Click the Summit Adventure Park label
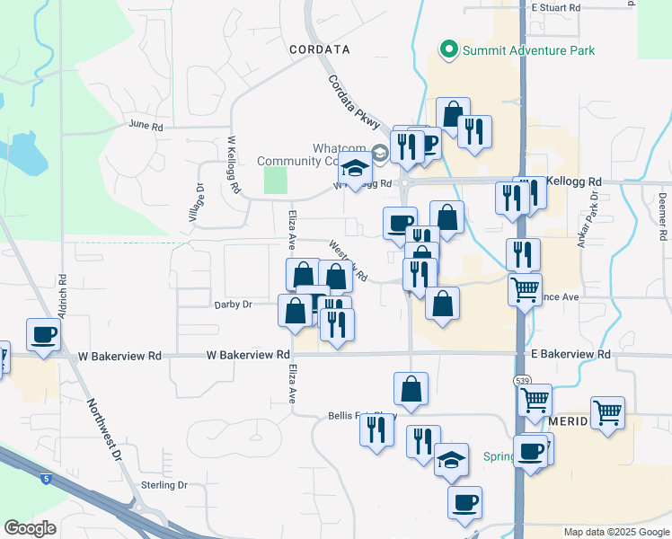click(x=528, y=50)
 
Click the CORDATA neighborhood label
click(x=319, y=49)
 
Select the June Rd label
click(x=146, y=126)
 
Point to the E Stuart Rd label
click(x=556, y=7)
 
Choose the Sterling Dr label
click(x=164, y=485)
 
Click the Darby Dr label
click(x=234, y=305)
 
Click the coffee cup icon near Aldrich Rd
click(x=43, y=334)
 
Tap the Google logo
click(x=30, y=528)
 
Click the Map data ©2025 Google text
click(x=615, y=532)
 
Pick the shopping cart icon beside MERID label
click(x=608, y=413)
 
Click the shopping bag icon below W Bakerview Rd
click(x=411, y=389)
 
